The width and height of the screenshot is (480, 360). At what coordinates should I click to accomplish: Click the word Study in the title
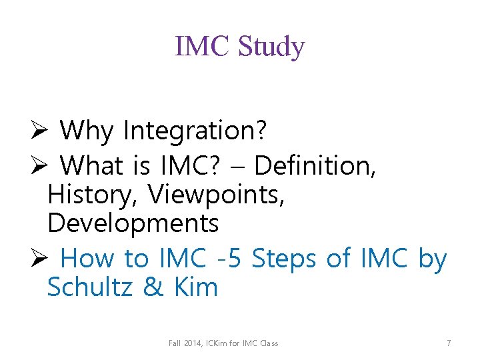pos(271,47)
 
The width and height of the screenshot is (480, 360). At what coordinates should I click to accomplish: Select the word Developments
pos(133,223)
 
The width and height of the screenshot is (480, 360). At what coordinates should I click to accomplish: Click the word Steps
pos(285,258)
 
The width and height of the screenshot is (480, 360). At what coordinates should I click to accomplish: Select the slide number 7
pos(449,343)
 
